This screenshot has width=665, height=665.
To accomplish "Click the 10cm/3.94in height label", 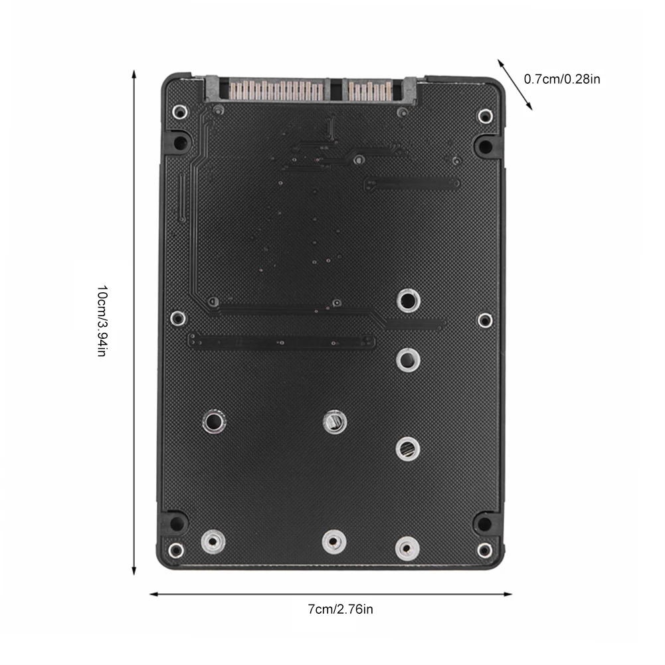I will pyautogui.click(x=102, y=322).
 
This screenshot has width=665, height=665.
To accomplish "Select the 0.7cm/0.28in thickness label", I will pyautogui.click(x=562, y=79).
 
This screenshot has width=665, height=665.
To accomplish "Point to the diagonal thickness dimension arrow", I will pyautogui.click(x=515, y=84).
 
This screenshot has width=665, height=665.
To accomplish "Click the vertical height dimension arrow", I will pyautogui.click(x=134, y=322).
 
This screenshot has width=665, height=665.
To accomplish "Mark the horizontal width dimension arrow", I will pyautogui.click(x=330, y=594).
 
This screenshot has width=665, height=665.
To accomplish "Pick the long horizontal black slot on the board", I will pyautogui.click(x=282, y=341).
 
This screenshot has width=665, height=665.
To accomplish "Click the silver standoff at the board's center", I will pyautogui.click(x=333, y=421).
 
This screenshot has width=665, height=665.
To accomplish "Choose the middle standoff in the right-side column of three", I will pyautogui.click(x=407, y=360).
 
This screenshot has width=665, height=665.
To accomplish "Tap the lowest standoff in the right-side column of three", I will pyautogui.click(x=407, y=448).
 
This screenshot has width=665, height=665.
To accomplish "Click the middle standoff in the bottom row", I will pyautogui.click(x=333, y=541).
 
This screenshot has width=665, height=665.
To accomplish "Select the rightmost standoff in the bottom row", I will pyautogui.click(x=407, y=547).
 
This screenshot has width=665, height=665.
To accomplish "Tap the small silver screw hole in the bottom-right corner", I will pyautogui.click(x=485, y=549).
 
